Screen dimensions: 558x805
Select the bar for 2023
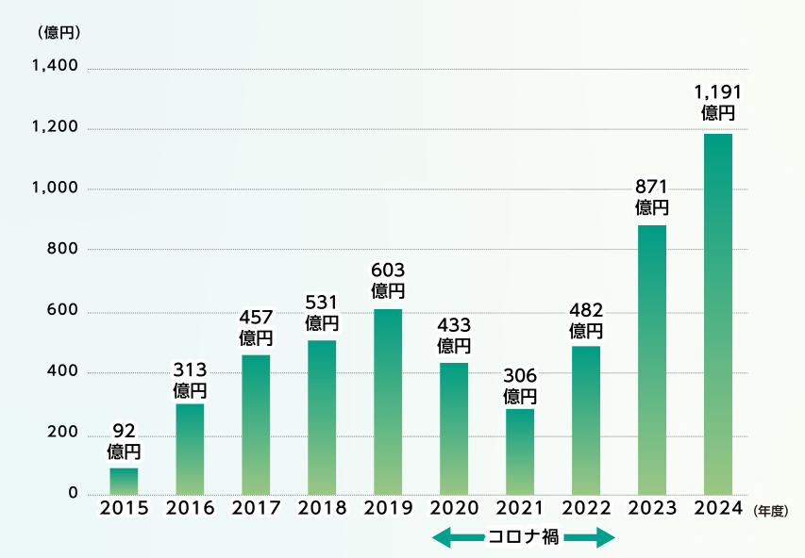pos(652,359)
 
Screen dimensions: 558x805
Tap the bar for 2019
pos(388,402)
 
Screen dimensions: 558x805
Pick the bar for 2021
pos(520,451)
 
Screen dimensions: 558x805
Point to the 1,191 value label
pos(718,102)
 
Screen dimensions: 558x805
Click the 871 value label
pos(652,195)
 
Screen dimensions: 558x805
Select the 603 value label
pos(388,280)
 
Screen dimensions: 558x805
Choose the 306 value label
pos(520,385)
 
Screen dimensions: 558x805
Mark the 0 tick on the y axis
pos(73,493)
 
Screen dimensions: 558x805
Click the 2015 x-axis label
pos(125,508)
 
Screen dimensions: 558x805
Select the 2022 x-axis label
pos(586,508)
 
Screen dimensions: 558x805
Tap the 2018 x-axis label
pos(322,508)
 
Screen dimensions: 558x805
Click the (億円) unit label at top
pos(59,31)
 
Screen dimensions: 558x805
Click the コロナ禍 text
pos(524,538)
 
